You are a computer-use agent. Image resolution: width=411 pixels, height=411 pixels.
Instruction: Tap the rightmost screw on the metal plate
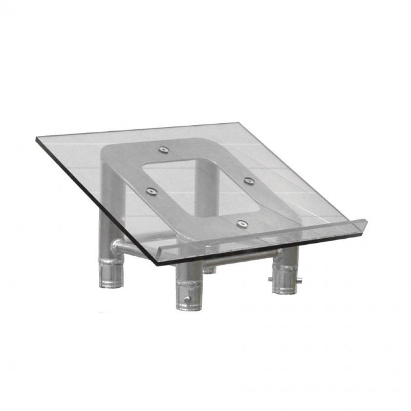point(248,180)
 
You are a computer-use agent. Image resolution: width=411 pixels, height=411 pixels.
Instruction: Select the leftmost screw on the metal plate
point(151,192)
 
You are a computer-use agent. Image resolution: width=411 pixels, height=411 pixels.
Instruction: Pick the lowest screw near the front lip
point(242,224)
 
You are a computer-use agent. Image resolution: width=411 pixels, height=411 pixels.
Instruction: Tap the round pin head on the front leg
point(187,299)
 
